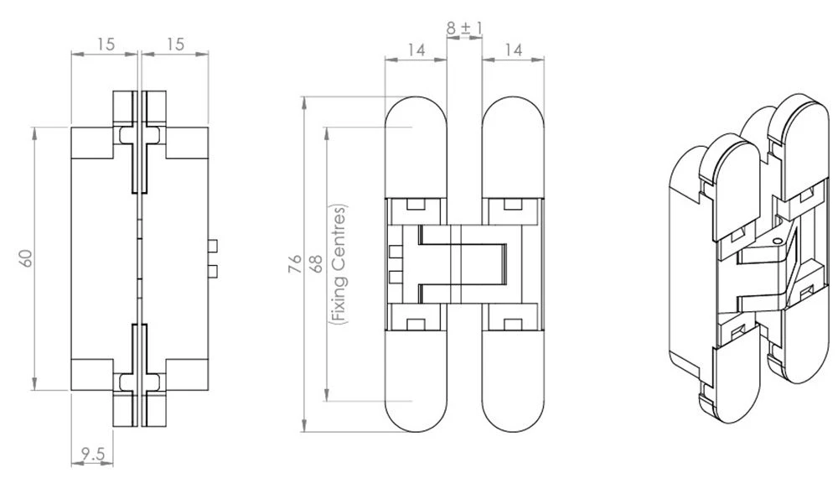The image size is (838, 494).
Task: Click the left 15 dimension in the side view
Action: pyautogui.click(x=105, y=44)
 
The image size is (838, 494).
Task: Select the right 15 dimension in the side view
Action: pyautogui.click(x=174, y=44)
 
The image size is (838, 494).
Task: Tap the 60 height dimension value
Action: pyautogui.click(x=27, y=258)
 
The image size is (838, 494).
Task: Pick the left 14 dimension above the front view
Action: pyautogui.click(x=415, y=50)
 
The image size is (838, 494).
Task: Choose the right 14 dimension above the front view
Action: pyautogui.click(x=514, y=50)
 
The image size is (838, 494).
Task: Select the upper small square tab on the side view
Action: pyautogui.click(x=214, y=246)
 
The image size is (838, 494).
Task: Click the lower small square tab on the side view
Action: pyautogui.click(x=214, y=270)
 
